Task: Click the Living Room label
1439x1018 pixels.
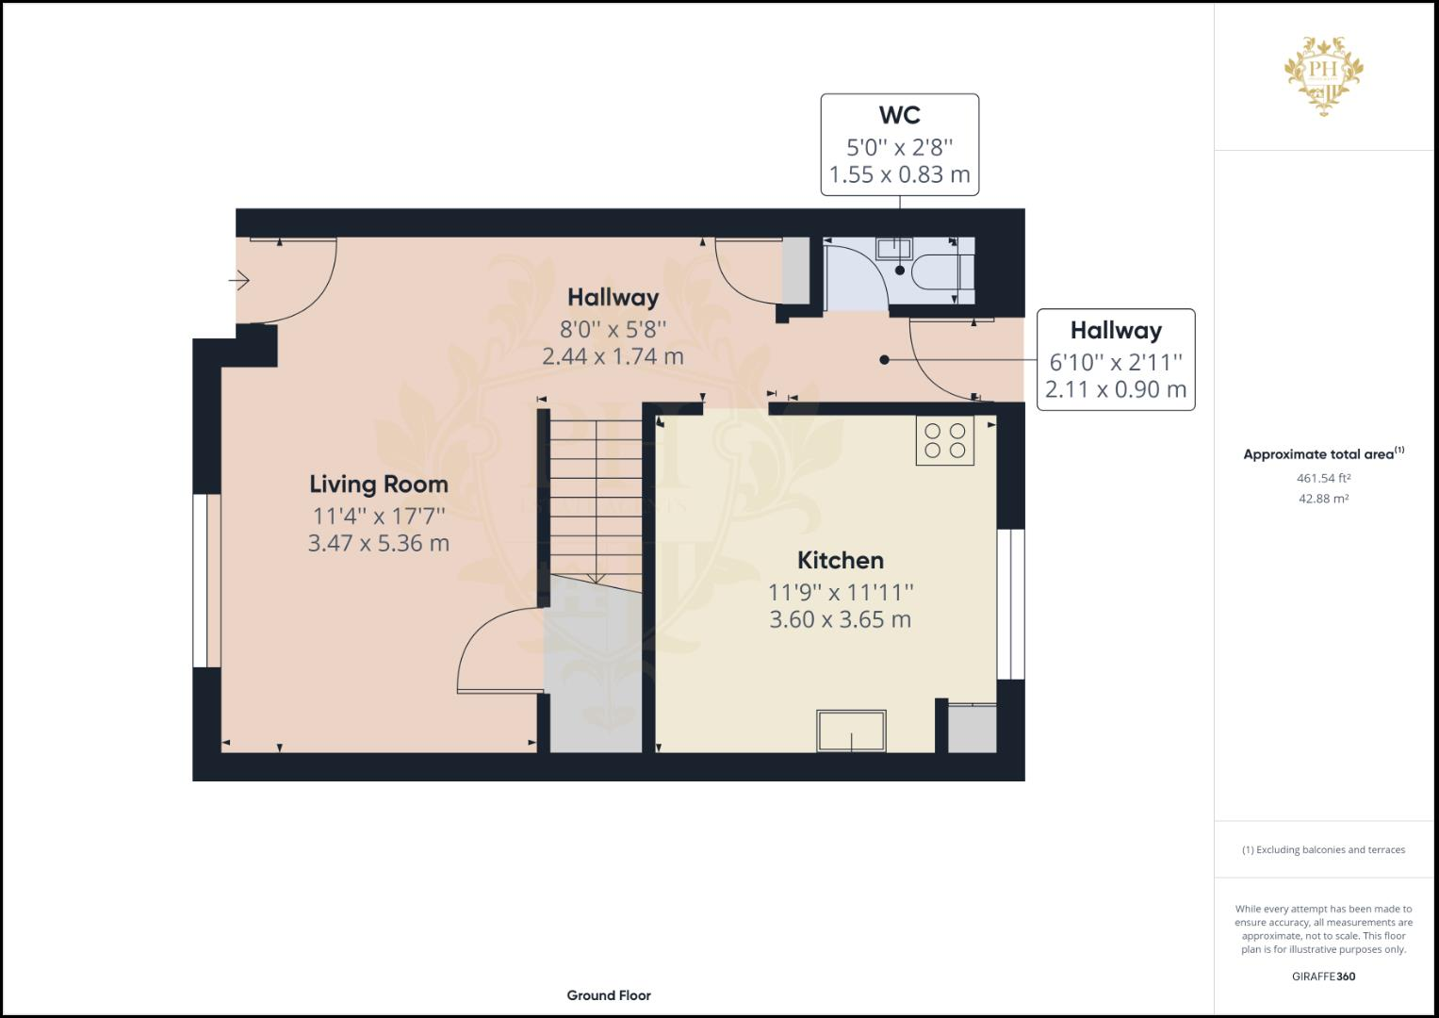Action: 378,484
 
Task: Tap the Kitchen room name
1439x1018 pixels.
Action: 840,560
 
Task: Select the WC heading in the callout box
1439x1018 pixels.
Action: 899,115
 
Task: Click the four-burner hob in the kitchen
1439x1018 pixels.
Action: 944,441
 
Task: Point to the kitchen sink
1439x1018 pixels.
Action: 851,731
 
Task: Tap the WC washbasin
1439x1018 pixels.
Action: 892,249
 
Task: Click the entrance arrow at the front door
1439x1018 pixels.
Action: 238,280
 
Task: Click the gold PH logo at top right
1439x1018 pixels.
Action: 1324,75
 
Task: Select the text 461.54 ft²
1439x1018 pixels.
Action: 1323,478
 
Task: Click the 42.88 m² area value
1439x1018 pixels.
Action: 1323,499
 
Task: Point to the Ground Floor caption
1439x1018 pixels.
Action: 608,995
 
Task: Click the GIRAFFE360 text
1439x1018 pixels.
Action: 1323,977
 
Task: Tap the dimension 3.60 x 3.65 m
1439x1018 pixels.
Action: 840,619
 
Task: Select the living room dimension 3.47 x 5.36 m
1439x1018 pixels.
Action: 378,543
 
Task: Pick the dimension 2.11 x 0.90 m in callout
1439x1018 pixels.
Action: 1115,389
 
